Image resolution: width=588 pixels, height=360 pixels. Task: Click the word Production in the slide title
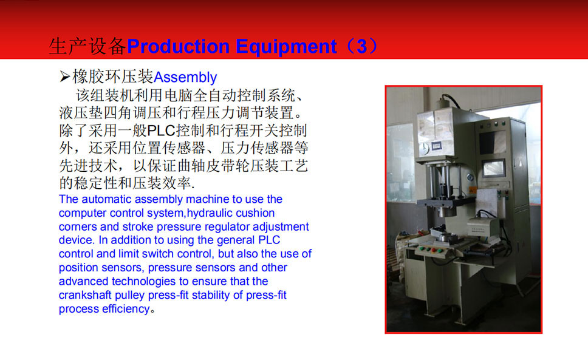click(x=178, y=47)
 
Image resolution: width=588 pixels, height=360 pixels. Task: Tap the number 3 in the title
click(x=361, y=47)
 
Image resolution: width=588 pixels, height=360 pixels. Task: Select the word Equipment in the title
click(x=286, y=47)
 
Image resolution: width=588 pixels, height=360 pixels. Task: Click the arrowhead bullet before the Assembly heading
click(x=64, y=76)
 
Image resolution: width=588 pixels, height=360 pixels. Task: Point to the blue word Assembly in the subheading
click(x=185, y=78)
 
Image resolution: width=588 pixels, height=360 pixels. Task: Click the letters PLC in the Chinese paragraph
click(x=161, y=131)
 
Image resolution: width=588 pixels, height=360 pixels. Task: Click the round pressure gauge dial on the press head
click(x=425, y=148)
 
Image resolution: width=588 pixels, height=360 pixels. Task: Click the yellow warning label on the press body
click(x=473, y=190)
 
